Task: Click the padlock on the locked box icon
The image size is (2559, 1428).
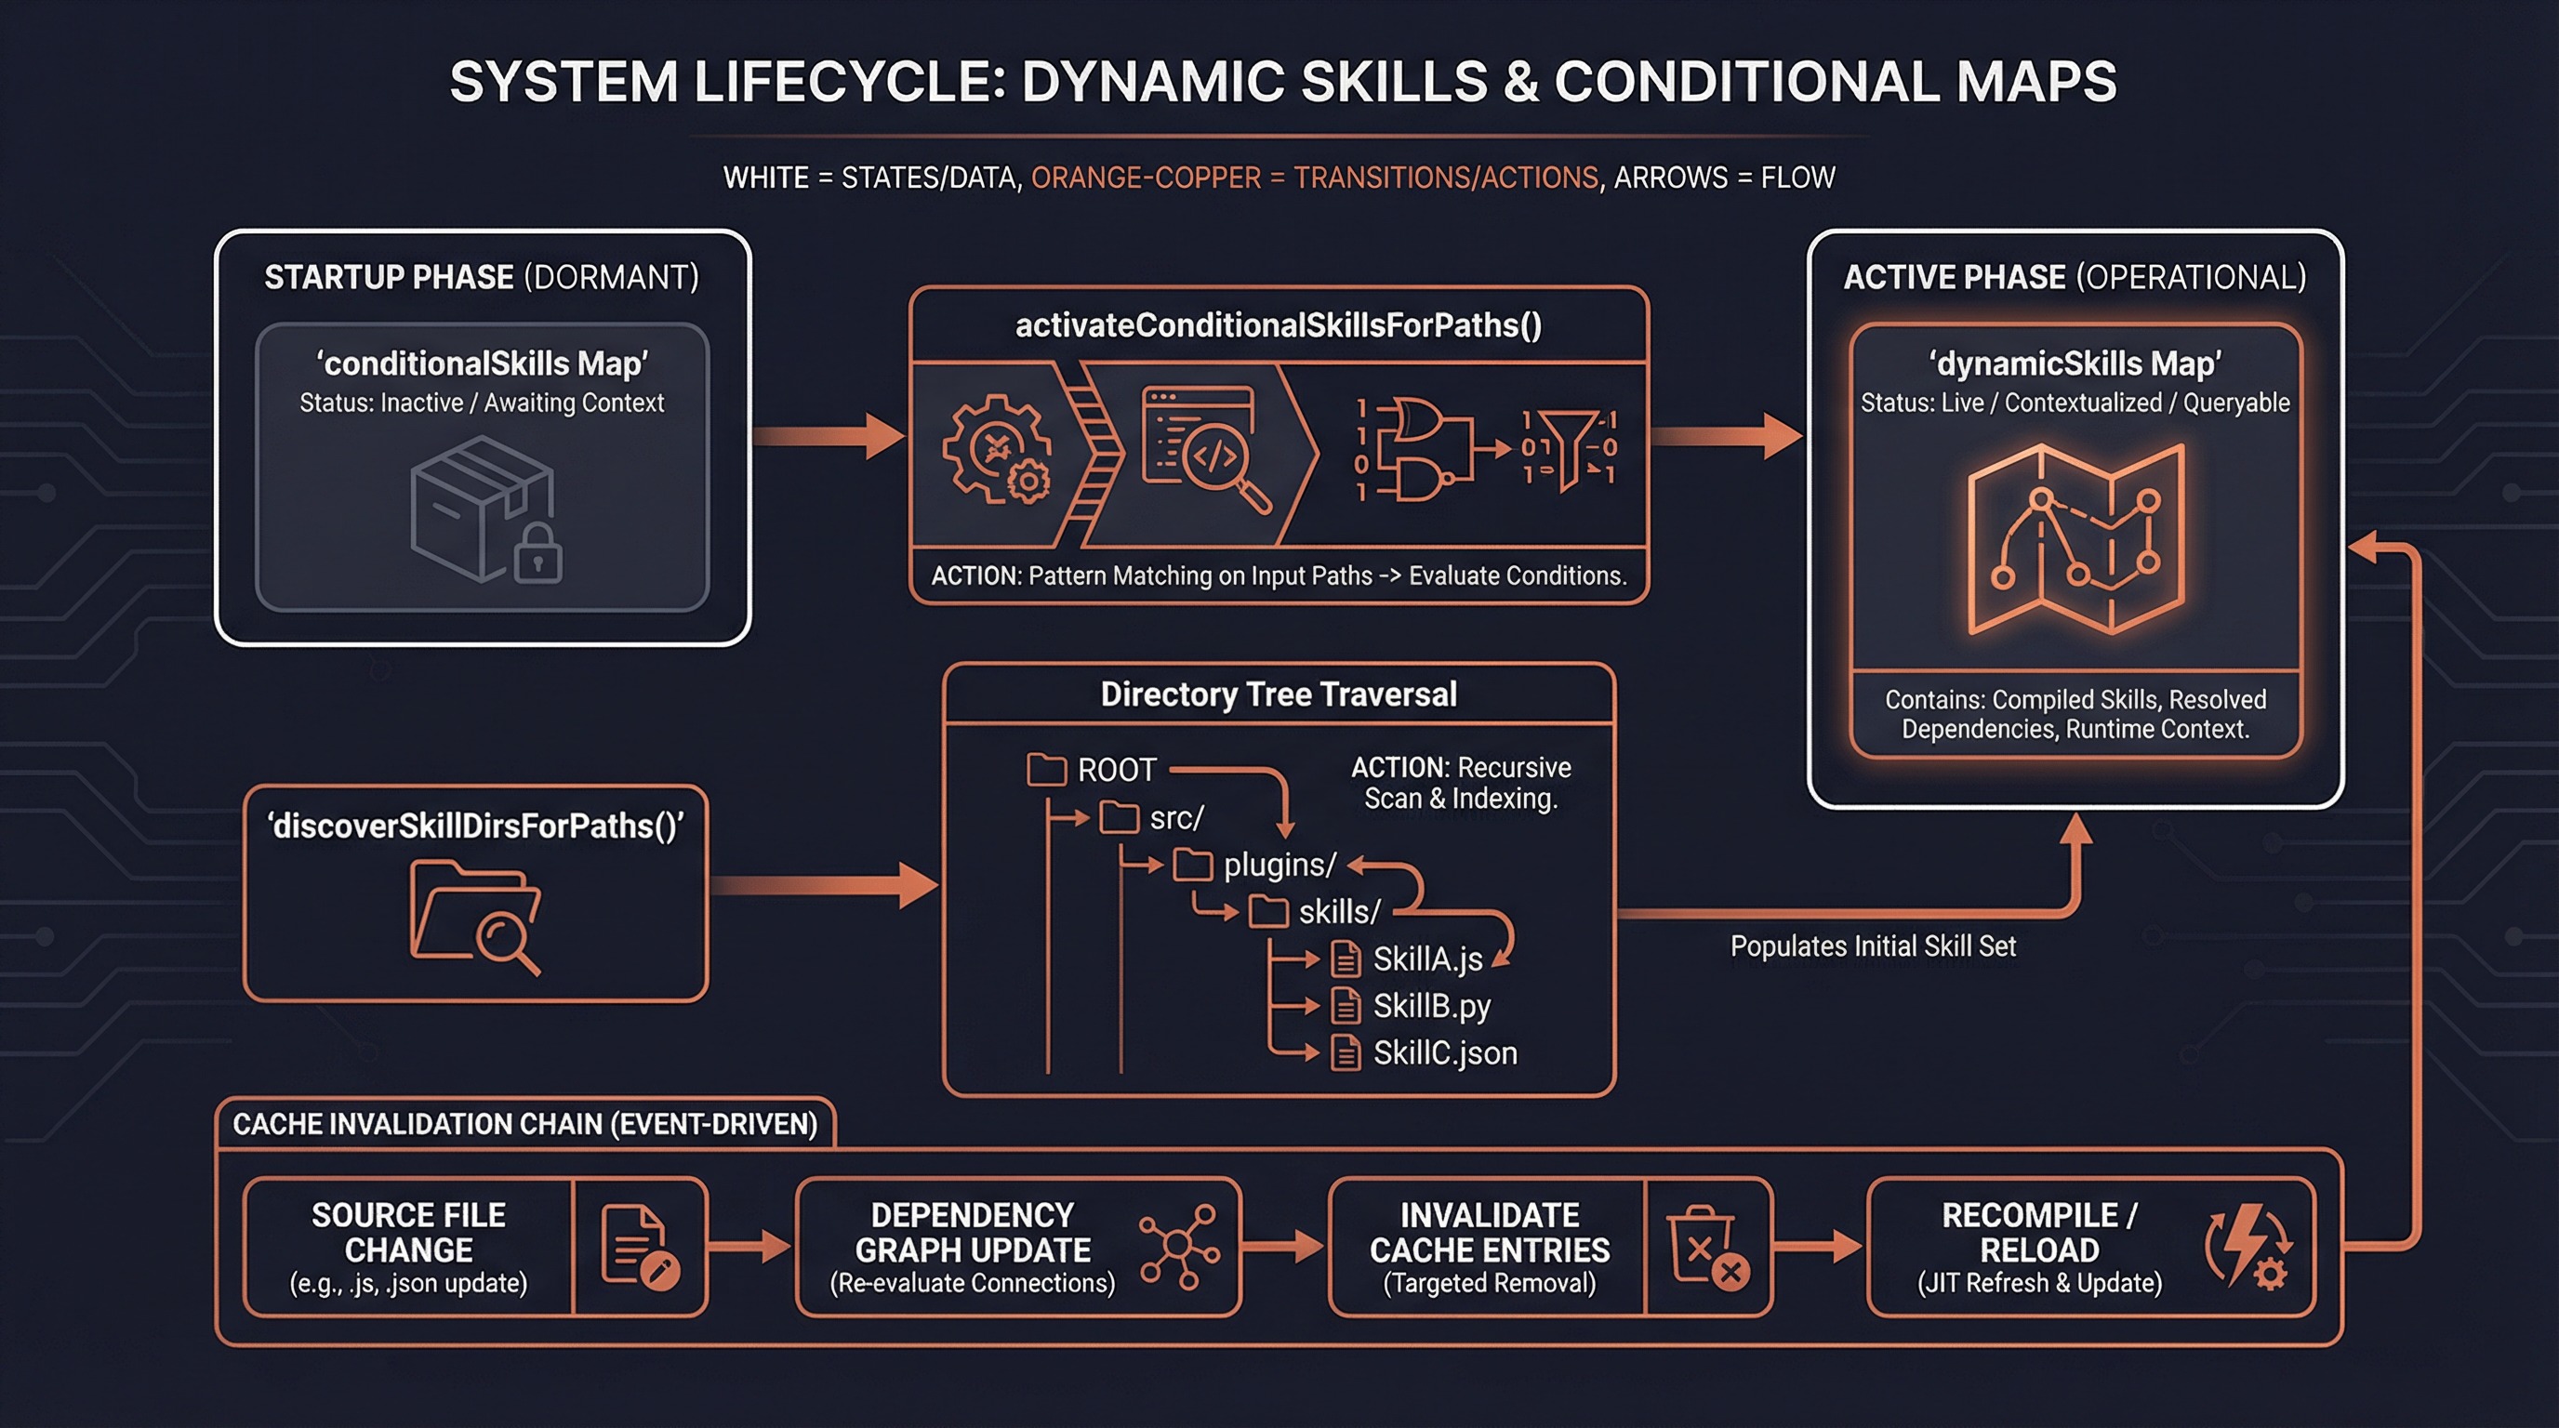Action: click(x=537, y=557)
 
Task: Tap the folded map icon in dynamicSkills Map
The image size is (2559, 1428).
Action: click(x=2075, y=538)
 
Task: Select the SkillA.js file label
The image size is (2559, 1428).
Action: click(x=1427, y=959)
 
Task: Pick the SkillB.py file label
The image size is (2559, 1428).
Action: click(x=1431, y=1006)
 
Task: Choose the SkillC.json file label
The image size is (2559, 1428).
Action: click(x=1444, y=1052)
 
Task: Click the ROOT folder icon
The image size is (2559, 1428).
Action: click(x=1046, y=770)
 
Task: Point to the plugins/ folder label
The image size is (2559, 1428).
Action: click(x=1279, y=865)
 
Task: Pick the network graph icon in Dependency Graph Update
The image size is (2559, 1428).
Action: click(x=1179, y=1248)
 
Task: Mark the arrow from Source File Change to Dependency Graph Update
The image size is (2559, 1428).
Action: click(x=750, y=1248)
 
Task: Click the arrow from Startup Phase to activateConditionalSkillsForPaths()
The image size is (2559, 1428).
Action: click(x=829, y=436)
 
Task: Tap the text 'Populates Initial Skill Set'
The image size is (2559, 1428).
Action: click(x=1873, y=946)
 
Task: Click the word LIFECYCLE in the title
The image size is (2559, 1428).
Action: click(x=850, y=82)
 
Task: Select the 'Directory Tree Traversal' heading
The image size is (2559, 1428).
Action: click(x=1279, y=694)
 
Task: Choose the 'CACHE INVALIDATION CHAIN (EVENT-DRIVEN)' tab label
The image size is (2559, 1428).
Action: click(x=524, y=1124)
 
